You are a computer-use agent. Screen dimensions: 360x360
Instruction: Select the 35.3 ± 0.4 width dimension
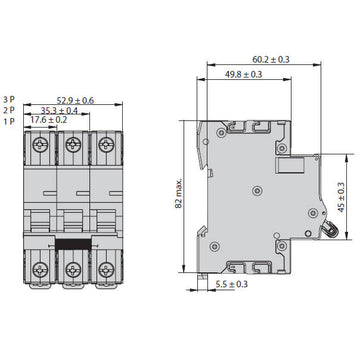point(62,110)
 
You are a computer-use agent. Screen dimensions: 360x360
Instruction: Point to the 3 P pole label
point(10,100)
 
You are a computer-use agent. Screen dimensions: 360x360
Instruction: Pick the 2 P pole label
point(10,110)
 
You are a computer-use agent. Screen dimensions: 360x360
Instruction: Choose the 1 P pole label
point(10,120)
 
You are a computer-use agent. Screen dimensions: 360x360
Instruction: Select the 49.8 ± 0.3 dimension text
point(245,74)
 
